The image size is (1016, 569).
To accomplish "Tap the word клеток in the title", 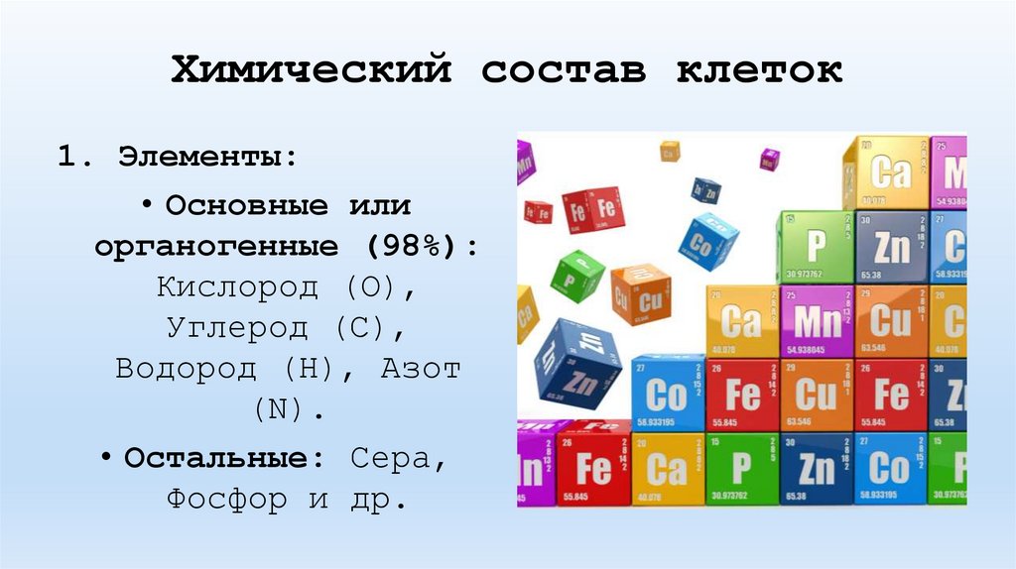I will pos(760,69).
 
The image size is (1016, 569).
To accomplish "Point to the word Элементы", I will pos(207,157).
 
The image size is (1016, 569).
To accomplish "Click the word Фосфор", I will pos(230,499).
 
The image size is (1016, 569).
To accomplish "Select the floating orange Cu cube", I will pos(640,293).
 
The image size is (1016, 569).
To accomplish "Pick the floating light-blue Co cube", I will pos(707,240).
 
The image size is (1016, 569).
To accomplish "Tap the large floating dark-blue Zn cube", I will pos(577,363).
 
